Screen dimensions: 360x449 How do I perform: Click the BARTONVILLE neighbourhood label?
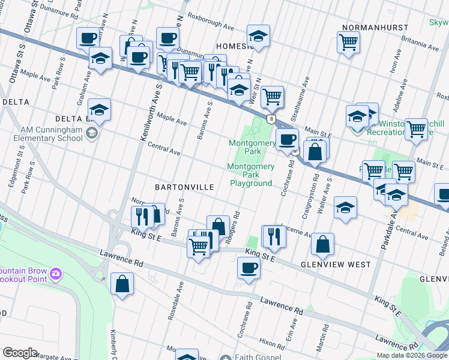pos(184,187)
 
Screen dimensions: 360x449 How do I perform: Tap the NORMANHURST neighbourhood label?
pos(375,28)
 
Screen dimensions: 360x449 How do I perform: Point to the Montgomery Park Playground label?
pos(250,175)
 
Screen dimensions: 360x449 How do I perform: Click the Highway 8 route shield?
pos(272,119)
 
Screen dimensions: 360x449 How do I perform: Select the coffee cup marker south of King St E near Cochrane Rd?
pos(249,268)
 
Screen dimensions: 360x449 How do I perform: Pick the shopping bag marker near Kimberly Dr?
pos(122,285)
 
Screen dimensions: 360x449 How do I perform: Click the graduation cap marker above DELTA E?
pos(100,109)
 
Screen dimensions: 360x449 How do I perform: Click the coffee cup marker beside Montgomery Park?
pos(288,139)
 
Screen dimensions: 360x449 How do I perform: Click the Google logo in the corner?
pos(20,353)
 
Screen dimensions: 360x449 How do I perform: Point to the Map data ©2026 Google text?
pos(411,355)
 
